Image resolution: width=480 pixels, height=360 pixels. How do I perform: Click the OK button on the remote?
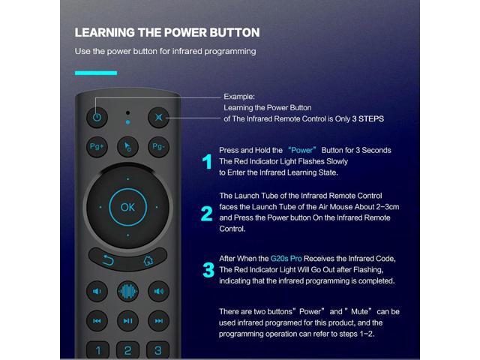tap(127, 207)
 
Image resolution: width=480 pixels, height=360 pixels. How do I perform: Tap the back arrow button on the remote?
tap(107, 260)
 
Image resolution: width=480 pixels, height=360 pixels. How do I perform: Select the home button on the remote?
tap(148, 260)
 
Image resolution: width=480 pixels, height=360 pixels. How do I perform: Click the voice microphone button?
tap(127, 292)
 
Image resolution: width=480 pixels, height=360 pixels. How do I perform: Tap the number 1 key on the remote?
tap(97, 350)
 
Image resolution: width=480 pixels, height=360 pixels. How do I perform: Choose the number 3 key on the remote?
tap(157, 350)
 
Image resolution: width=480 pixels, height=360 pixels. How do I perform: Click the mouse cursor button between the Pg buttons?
tap(127, 146)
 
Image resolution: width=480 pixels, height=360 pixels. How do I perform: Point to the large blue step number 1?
tap(207, 161)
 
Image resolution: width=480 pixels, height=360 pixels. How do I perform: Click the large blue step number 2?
tap(207, 214)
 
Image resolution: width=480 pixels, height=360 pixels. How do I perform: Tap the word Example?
tap(240, 97)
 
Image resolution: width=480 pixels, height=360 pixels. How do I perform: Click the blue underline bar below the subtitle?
tap(96, 73)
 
